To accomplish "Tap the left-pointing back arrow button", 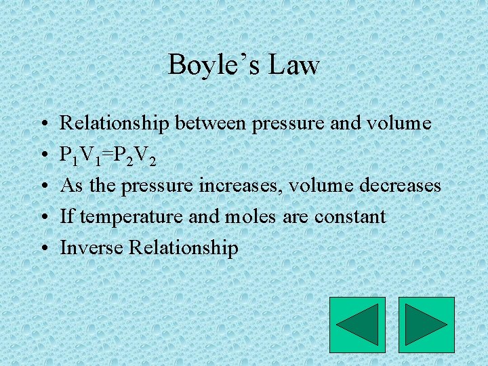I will point(357,325).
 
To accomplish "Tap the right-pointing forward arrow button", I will point(426,325).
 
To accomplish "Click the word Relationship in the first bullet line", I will point(115,123).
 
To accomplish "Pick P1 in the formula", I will point(69,156).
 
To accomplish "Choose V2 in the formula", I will point(146,156).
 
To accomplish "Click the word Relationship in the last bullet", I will point(183,248).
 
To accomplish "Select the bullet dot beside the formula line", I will point(43,155).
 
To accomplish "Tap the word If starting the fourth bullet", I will point(67,217).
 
